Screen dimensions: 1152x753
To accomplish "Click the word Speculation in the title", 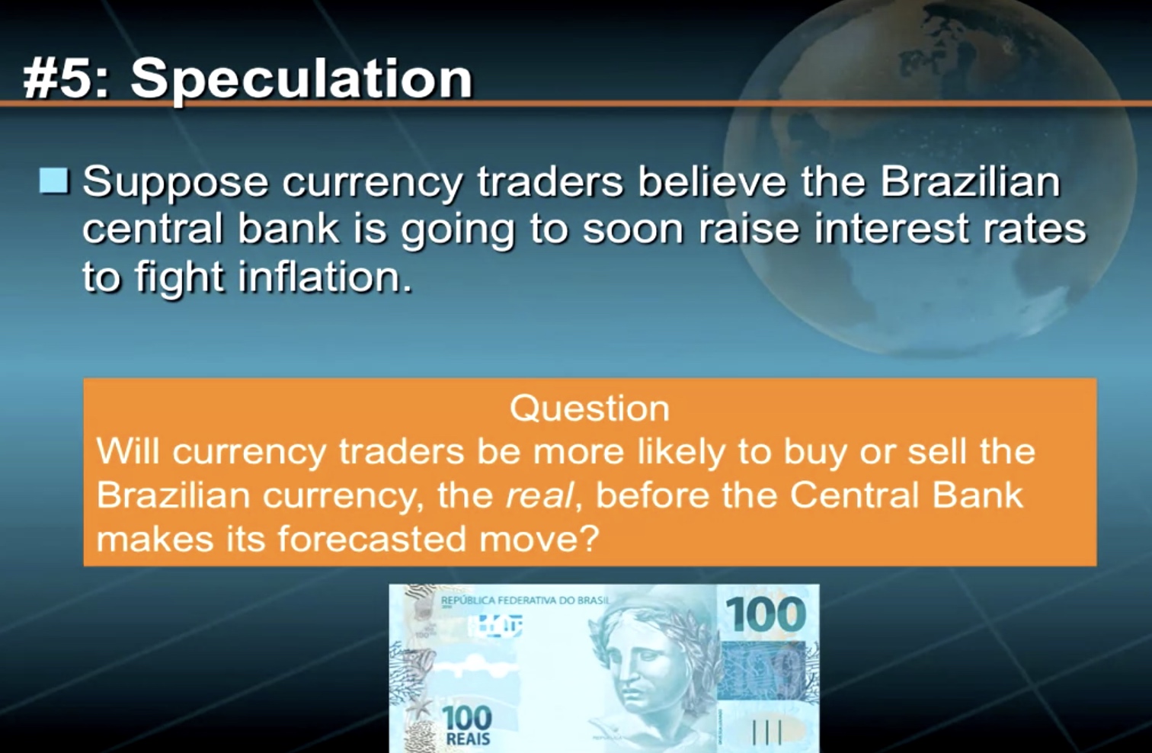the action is [x=302, y=79].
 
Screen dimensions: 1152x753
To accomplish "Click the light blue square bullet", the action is [x=54, y=181].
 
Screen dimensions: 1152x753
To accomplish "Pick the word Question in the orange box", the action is [x=590, y=410].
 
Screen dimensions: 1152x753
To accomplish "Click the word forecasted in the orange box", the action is [x=371, y=539].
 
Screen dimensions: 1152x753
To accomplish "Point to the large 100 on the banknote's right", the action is [x=764, y=614].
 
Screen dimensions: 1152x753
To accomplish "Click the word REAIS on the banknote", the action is [x=468, y=739].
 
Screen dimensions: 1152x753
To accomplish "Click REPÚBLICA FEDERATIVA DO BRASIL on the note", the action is [x=524, y=601].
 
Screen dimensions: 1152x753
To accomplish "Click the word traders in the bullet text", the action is [x=549, y=182].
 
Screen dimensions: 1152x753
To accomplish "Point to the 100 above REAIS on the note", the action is [x=467, y=717].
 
